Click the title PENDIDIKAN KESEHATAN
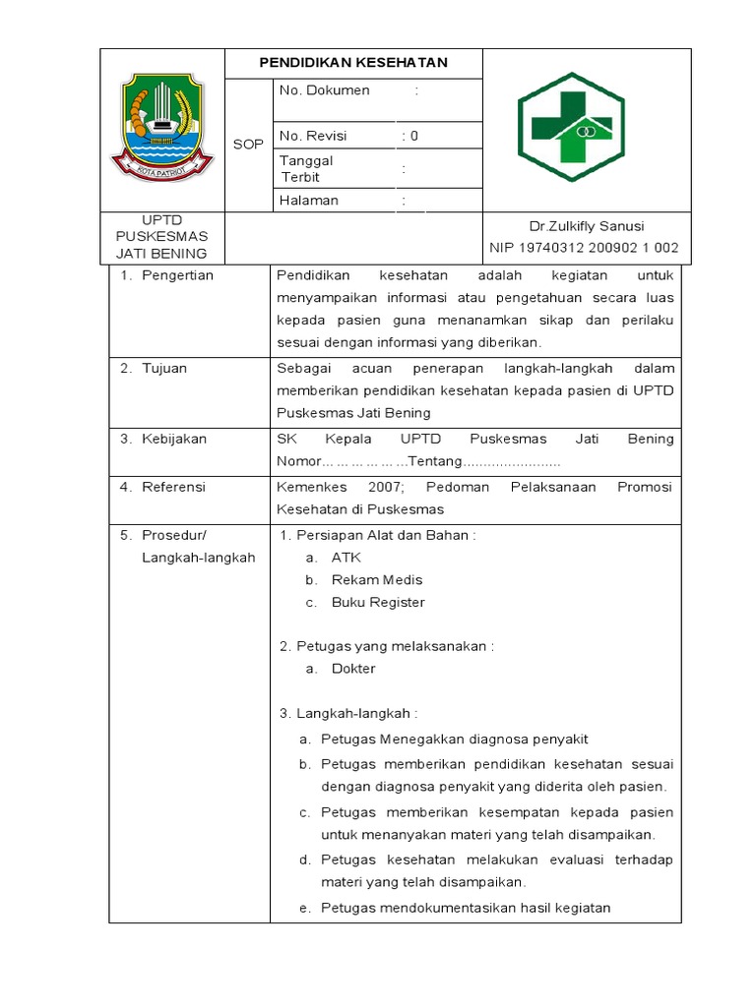pos(353,63)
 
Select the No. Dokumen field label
pos(324,90)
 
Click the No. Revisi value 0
pos(414,136)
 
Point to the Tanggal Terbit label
pos(306,168)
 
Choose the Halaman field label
pos(309,201)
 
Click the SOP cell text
pos(248,145)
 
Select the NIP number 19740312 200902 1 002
pos(584,248)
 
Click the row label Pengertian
pos(177,275)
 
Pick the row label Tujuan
pos(163,368)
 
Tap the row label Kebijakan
pos(174,439)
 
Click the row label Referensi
pos(174,486)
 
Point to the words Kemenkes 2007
pos(333,486)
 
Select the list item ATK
pos(346,557)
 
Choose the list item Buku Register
pos(378,602)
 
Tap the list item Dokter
pos(353,669)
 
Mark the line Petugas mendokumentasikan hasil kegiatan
pos(466,908)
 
